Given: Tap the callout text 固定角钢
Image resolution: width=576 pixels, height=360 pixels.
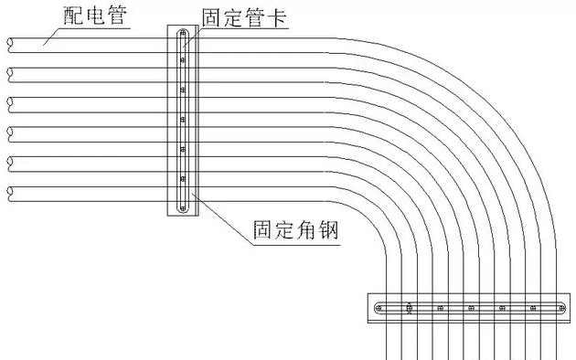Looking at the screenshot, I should (x=295, y=229).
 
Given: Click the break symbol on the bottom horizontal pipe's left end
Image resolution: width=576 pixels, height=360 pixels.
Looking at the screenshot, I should (x=8, y=190).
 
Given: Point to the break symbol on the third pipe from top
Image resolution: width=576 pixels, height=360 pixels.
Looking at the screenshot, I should (x=8, y=101).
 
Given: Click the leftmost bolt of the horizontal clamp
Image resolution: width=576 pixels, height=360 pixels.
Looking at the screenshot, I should (x=380, y=308).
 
